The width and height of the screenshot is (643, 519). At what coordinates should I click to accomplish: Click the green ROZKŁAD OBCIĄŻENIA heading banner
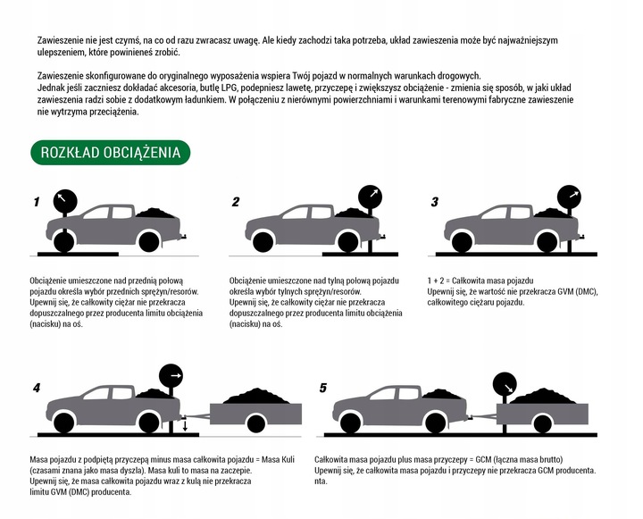pos(111,153)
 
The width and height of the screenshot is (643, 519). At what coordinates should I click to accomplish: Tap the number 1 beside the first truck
pos(37,202)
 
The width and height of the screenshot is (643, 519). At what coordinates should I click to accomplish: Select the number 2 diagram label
pos(236,202)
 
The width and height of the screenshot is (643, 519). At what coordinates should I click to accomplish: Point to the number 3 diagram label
pos(435,202)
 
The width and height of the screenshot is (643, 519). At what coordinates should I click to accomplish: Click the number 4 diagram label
pos(37,388)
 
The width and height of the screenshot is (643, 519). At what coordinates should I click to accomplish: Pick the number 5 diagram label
pos(322,388)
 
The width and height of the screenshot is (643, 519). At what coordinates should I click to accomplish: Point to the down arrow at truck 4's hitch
pos(185,425)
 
